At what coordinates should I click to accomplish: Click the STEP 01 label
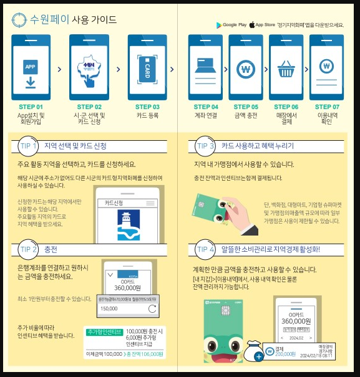(x=31, y=107)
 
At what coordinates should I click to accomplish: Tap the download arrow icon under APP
(x=30, y=81)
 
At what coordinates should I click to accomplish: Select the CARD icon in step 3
(x=147, y=68)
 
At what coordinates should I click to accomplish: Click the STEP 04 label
(x=206, y=107)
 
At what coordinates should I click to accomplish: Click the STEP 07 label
(x=327, y=107)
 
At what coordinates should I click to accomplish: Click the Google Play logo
(x=220, y=25)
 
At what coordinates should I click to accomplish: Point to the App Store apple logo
(x=251, y=25)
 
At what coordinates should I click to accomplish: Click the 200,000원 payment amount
(x=285, y=353)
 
